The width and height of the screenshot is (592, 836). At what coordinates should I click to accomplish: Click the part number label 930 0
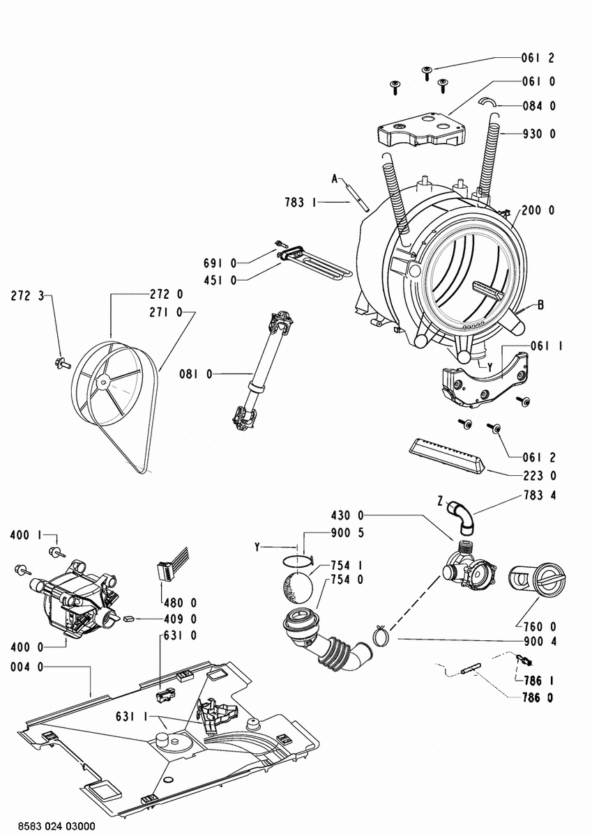(x=539, y=134)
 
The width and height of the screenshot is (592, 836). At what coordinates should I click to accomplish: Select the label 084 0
(x=539, y=107)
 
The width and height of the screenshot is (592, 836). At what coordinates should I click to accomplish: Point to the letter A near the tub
(x=334, y=180)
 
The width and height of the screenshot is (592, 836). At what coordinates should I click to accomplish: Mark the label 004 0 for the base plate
(x=27, y=667)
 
